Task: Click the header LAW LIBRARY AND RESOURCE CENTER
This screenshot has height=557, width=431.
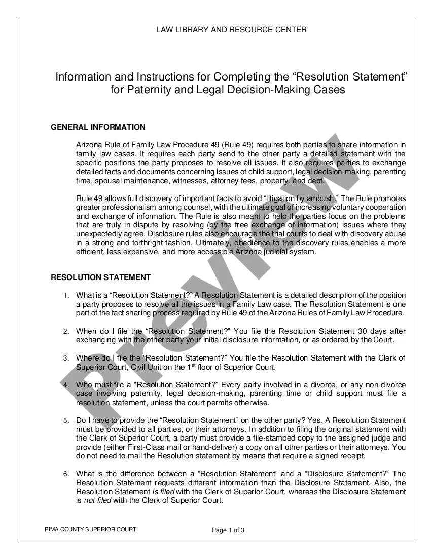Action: tap(231, 30)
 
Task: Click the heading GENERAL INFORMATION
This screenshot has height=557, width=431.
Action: tap(98, 127)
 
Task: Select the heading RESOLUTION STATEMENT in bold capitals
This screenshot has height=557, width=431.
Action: tap(101, 277)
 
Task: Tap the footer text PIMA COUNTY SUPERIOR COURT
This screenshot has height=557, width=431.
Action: tap(91, 529)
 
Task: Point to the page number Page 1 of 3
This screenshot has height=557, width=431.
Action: tap(228, 530)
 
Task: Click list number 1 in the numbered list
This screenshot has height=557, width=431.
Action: tap(66, 295)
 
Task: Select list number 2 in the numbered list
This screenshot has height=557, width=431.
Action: tap(66, 331)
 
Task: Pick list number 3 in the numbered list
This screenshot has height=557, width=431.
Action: tap(66, 358)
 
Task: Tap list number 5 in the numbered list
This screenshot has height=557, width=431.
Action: tap(66, 421)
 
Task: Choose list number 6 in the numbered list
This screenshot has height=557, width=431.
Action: tap(66, 474)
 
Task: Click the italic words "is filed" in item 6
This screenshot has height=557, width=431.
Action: tap(163, 492)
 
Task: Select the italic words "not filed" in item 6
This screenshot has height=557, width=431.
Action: tap(97, 501)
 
